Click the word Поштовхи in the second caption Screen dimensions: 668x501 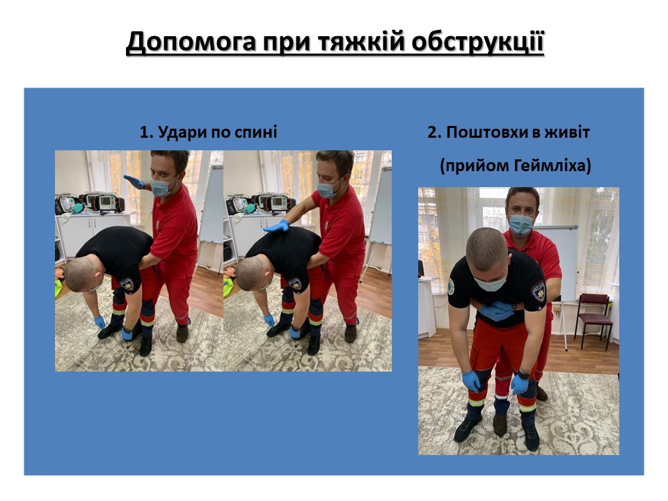(487, 132)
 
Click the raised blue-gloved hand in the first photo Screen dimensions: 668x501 (134, 182)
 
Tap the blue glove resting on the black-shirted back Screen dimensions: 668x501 (276, 225)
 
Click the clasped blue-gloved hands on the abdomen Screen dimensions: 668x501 (496, 310)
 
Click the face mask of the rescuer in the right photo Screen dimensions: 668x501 (521, 225)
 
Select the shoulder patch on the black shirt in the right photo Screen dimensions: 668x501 (538, 292)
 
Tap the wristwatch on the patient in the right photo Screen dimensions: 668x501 (523, 374)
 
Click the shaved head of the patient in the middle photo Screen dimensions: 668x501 (250, 274)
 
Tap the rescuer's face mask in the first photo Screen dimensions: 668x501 (161, 187)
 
